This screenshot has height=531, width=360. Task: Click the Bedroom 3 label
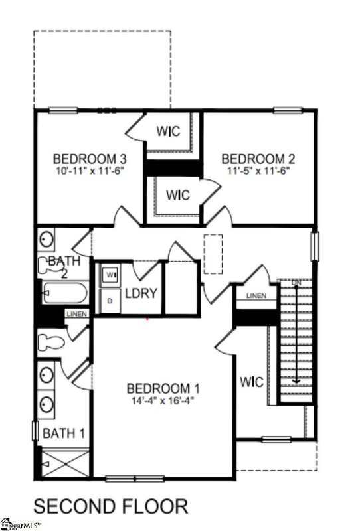[x=90, y=159]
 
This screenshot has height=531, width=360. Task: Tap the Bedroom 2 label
[x=258, y=159]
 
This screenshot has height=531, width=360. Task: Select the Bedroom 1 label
[x=163, y=388]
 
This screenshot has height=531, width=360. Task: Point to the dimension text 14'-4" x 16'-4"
[x=163, y=400]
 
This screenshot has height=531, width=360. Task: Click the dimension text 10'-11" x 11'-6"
[x=90, y=171]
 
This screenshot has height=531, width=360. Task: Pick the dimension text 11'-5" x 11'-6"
[x=258, y=171]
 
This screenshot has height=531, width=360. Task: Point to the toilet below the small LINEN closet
[x=52, y=342]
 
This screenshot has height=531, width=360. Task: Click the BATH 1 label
[x=64, y=433]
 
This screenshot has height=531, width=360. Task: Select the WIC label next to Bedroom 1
[x=252, y=383]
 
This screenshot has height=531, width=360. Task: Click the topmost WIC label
[x=169, y=131]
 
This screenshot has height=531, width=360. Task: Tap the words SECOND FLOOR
[x=110, y=506]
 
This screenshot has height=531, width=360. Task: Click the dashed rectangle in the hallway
[x=213, y=254]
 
